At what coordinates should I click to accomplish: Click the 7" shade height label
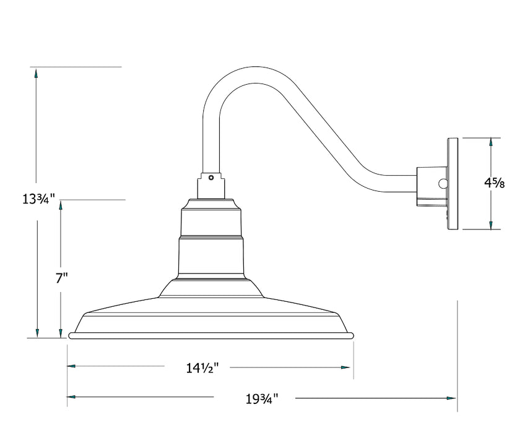click(61, 278)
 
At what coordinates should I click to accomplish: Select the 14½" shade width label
click(199, 368)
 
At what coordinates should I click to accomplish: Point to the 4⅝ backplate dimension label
click(494, 183)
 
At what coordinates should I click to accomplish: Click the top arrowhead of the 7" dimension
click(61, 207)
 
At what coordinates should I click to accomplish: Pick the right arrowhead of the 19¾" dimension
click(450, 397)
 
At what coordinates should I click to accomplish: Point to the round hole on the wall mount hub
click(442, 183)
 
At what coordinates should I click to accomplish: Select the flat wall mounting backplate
click(453, 184)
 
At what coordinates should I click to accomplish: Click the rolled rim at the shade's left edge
click(73, 335)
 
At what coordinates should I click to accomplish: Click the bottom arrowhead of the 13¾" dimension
click(37, 332)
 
